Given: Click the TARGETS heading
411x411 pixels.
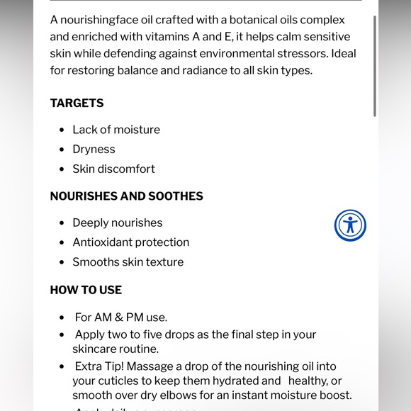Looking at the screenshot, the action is (x=77, y=103).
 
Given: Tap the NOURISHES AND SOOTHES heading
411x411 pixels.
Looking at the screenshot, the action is (x=126, y=196).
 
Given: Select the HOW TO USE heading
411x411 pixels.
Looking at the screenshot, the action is (x=86, y=290).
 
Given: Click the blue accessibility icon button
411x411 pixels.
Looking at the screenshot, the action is (x=350, y=225).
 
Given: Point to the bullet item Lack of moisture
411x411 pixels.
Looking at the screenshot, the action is (x=116, y=130).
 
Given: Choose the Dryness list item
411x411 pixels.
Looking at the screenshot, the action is (x=94, y=150).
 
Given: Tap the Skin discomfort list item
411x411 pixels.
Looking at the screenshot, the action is (x=113, y=169).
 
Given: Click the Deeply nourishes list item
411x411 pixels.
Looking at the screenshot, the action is (x=118, y=223).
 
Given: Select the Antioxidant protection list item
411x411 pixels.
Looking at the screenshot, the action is (x=130, y=242).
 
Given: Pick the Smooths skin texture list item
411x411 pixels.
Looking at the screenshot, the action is (x=128, y=262).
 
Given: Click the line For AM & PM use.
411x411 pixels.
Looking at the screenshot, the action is (x=120, y=317).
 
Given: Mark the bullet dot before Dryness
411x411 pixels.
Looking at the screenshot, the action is (x=62, y=150).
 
